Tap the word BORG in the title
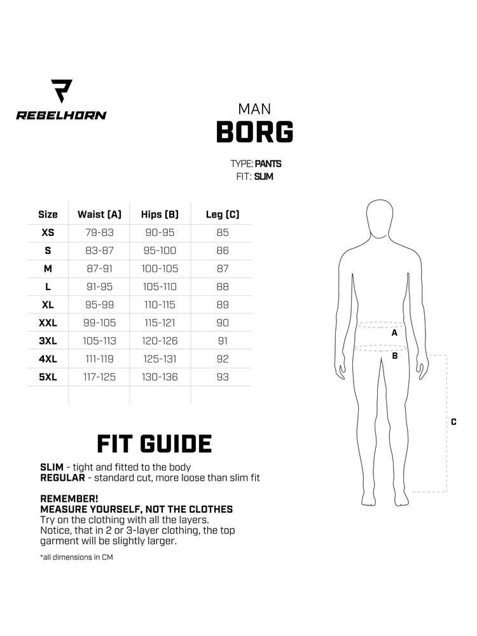254,132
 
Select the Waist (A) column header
99,214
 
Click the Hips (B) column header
160,214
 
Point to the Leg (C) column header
223,214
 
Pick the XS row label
48,233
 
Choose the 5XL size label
48,377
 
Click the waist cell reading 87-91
99,269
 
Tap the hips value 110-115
160,305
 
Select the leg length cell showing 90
223,323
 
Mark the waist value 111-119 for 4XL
99,359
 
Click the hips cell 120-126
160,341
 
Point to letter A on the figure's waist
394,333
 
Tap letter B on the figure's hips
394,356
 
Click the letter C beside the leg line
453,422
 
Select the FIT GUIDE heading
154,444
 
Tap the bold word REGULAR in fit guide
63,478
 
